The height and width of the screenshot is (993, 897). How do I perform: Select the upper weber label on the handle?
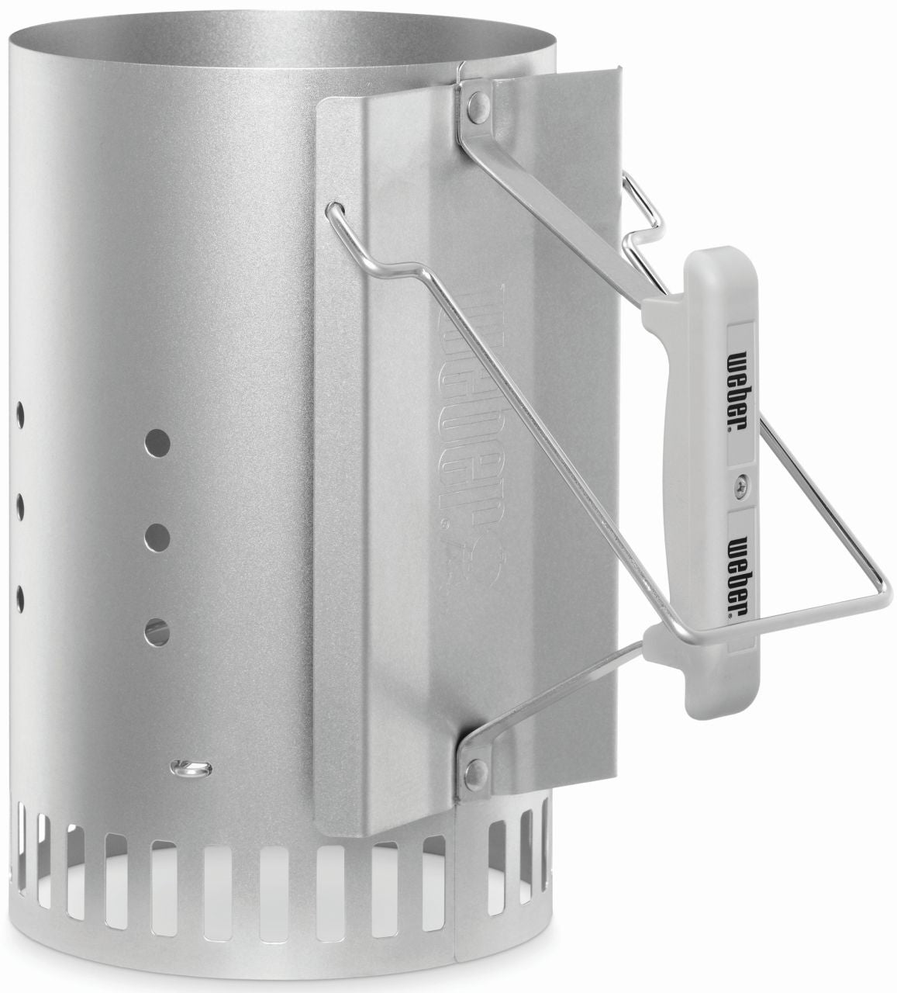(741, 382)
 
